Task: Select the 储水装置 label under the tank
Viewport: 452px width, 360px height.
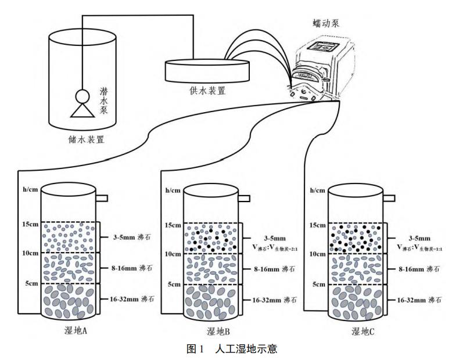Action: [87, 139]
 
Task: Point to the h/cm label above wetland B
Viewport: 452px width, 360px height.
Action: [172, 190]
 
